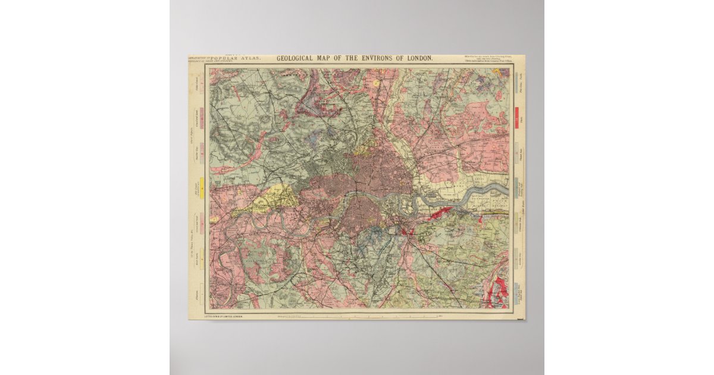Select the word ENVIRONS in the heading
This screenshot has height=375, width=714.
pos(383,59)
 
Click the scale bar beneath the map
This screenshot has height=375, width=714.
pos(357,316)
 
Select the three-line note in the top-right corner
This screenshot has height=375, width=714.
pos(486,59)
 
